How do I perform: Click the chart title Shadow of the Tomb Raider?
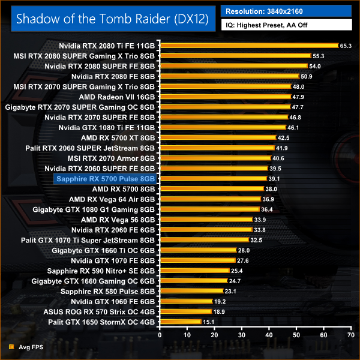click(x=112, y=18)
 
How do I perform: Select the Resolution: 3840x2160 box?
click(x=286, y=11)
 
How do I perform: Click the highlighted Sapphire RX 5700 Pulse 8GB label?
click(x=105, y=179)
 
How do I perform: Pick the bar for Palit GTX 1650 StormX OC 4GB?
click(x=180, y=322)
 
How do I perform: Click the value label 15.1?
click(x=209, y=322)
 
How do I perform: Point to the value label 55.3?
click(x=319, y=56)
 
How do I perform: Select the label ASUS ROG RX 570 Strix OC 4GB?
click(x=99, y=312)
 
